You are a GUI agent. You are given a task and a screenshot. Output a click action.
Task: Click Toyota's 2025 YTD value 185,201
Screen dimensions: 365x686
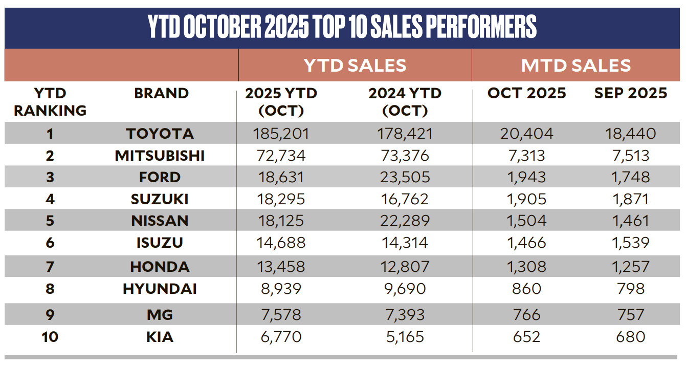(280, 134)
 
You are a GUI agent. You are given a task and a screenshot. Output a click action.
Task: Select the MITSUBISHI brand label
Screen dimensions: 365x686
(160, 156)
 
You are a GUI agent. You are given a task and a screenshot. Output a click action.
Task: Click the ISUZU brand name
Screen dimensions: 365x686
(160, 243)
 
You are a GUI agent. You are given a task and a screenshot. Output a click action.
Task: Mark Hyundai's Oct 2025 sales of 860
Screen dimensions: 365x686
(526, 289)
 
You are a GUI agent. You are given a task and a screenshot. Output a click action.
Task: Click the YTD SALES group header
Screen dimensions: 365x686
(355, 66)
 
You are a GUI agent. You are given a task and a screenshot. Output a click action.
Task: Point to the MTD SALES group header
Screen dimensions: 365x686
(576, 66)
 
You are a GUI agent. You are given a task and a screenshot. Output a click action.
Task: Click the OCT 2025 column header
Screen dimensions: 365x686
(527, 93)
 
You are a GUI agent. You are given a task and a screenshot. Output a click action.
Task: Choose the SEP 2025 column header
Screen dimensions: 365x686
(631, 93)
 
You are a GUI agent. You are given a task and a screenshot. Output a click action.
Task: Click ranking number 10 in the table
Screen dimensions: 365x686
(50, 337)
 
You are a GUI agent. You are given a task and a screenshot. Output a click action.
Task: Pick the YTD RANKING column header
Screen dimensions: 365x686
(50, 102)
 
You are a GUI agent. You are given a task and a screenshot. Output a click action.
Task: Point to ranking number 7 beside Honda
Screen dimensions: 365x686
(50, 266)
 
